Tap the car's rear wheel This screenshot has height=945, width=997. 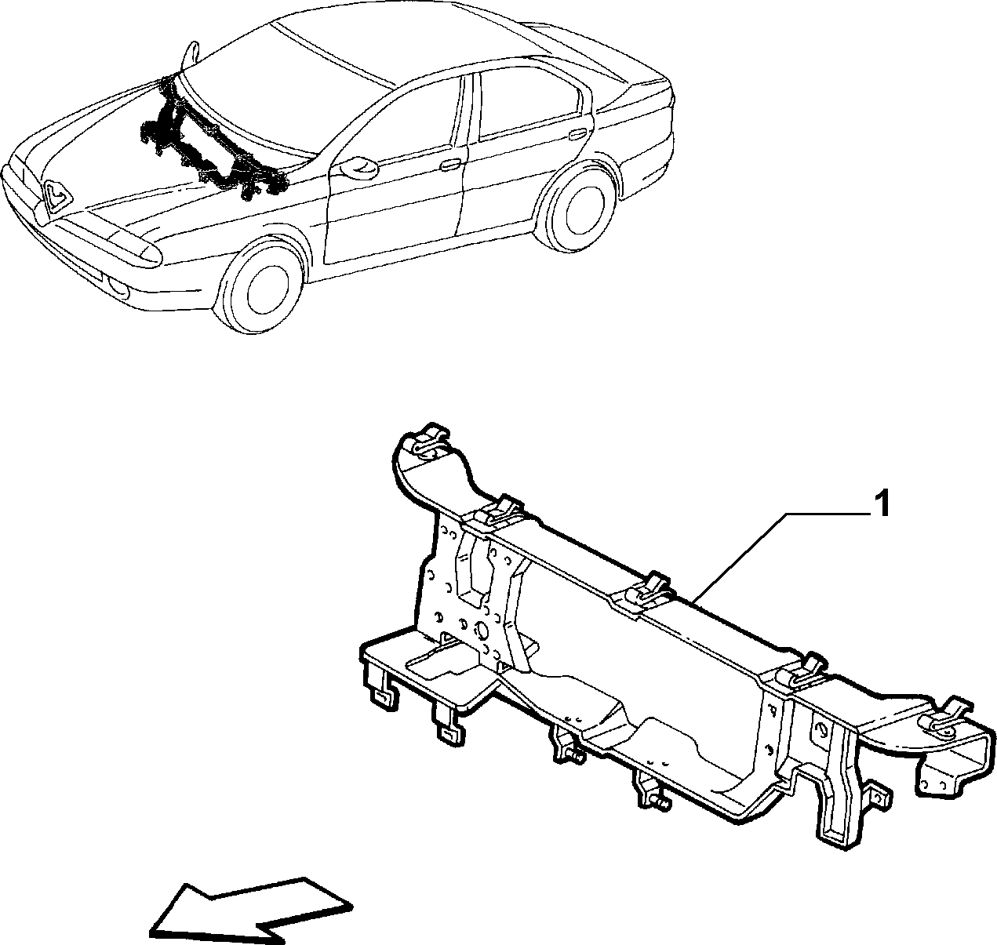tap(579, 209)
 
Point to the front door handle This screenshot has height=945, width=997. tap(451, 164)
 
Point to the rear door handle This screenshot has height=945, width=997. tap(577, 133)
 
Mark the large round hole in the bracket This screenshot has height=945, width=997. tap(480, 631)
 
